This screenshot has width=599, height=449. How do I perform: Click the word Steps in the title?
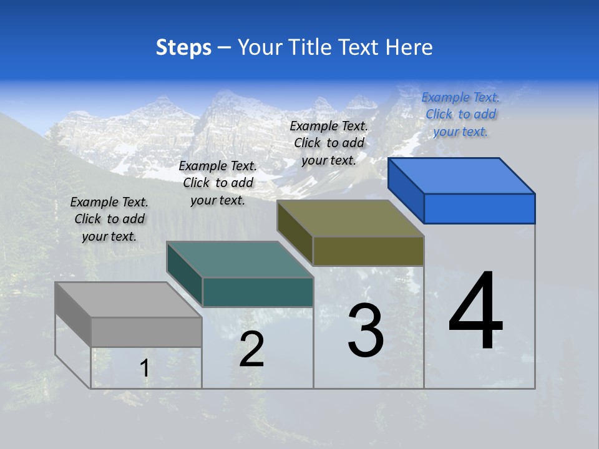point(183,47)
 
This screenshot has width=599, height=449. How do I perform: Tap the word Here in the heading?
point(409,47)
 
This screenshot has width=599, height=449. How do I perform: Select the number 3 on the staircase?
point(366,331)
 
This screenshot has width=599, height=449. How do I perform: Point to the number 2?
point(252,349)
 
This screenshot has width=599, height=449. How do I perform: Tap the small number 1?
point(145,369)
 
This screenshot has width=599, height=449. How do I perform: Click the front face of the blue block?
point(479,208)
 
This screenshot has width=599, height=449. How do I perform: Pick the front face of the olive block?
point(368,251)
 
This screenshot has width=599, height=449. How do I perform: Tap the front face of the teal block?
point(258,292)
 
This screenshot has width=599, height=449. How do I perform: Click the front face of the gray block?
point(146,332)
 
